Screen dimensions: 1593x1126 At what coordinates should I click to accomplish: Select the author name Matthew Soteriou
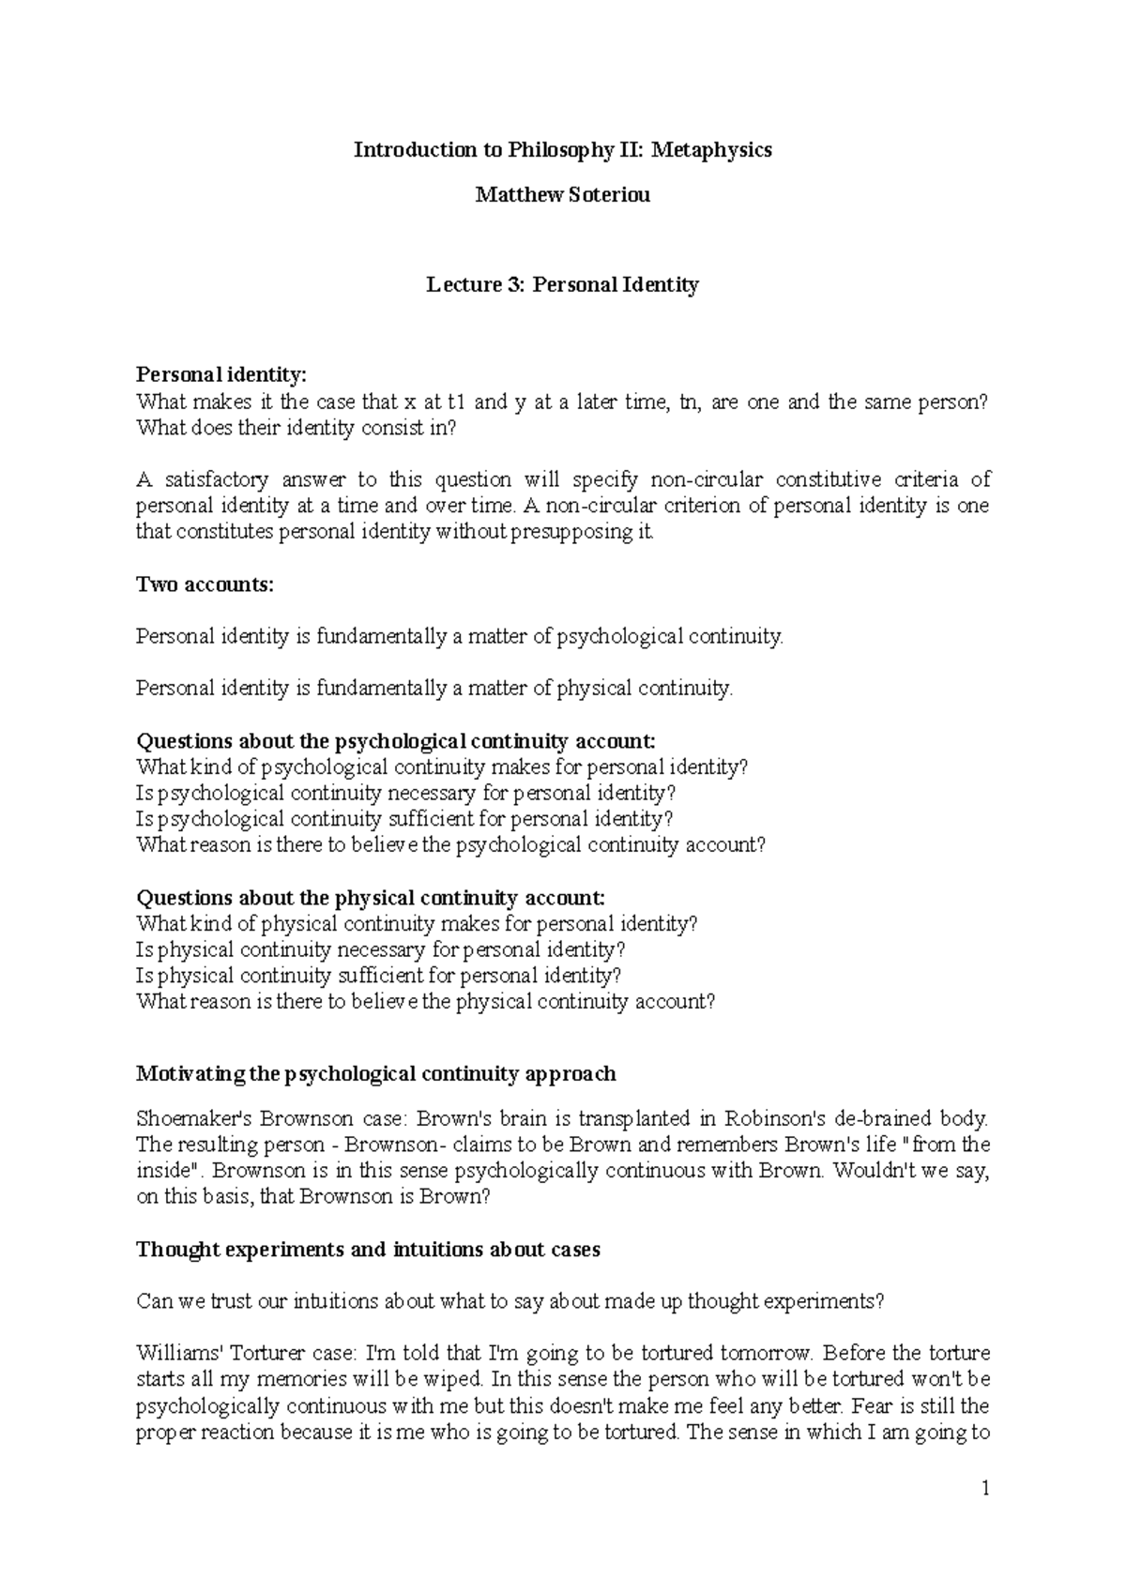pyautogui.click(x=562, y=195)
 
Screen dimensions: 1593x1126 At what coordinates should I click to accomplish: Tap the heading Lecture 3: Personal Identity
pyautogui.click(x=562, y=285)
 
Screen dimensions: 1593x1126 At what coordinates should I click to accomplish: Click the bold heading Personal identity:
pyautogui.click(x=221, y=375)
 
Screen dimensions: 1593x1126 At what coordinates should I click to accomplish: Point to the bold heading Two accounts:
pyautogui.click(x=205, y=584)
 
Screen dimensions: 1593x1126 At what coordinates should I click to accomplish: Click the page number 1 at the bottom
pyautogui.click(x=985, y=1489)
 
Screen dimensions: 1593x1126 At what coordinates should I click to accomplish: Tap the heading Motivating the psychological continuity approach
pyautogui.click(x=376, y=1073)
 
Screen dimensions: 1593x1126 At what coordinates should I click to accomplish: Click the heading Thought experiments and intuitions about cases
pyautogui.click(x=368, y=1250)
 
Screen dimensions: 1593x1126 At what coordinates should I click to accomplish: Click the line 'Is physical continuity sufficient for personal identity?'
pyautogui.click(x=378, y=975)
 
